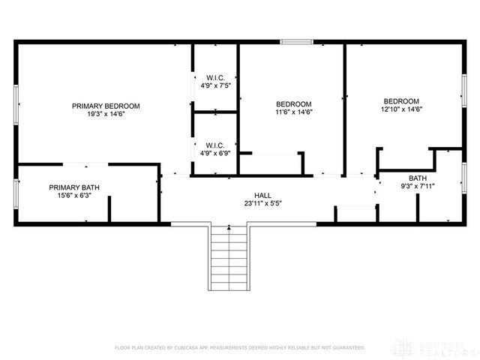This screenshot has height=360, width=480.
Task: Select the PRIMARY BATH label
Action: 74,187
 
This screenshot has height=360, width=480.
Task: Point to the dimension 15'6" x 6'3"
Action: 74,196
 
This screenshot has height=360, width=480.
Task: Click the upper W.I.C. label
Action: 215,77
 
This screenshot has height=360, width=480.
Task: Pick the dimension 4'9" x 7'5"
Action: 215,86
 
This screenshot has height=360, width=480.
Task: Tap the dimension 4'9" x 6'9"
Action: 215,154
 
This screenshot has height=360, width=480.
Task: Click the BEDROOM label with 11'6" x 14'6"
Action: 293,103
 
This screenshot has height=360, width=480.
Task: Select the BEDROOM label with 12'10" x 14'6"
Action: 401,101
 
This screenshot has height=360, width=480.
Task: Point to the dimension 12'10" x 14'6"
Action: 401,110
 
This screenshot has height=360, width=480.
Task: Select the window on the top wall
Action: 296,41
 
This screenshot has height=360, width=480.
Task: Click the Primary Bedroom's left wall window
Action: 15,106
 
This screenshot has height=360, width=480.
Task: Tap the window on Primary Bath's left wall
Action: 15,193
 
